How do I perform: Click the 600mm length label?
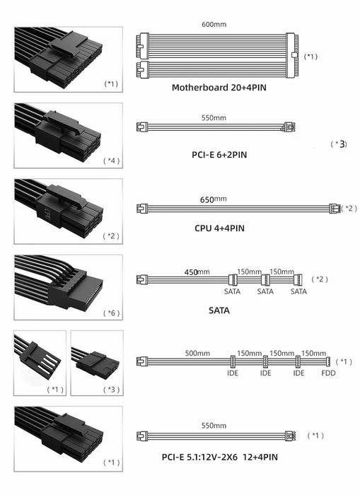pyautogui.click(x=214, y=24)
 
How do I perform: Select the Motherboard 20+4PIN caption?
pyautogui.click(x=219, y=88)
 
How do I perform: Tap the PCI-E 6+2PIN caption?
pyautogui.click(x=219, y=155)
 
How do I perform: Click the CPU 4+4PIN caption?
pyautogui.click(x=219, y=228)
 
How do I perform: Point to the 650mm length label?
pyautogui.click(x=213, y=199)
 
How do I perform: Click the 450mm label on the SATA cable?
pyautogui.click(x=197, y=272)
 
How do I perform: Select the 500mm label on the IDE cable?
pyautogui.click(x=197, y=353)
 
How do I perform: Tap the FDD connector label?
pyautogui.click(x=328, y=373)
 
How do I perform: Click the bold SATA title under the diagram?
pyautogui.click(x=219, y=310)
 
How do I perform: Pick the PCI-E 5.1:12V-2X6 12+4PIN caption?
pyautogui.click(x=220, y=457)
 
